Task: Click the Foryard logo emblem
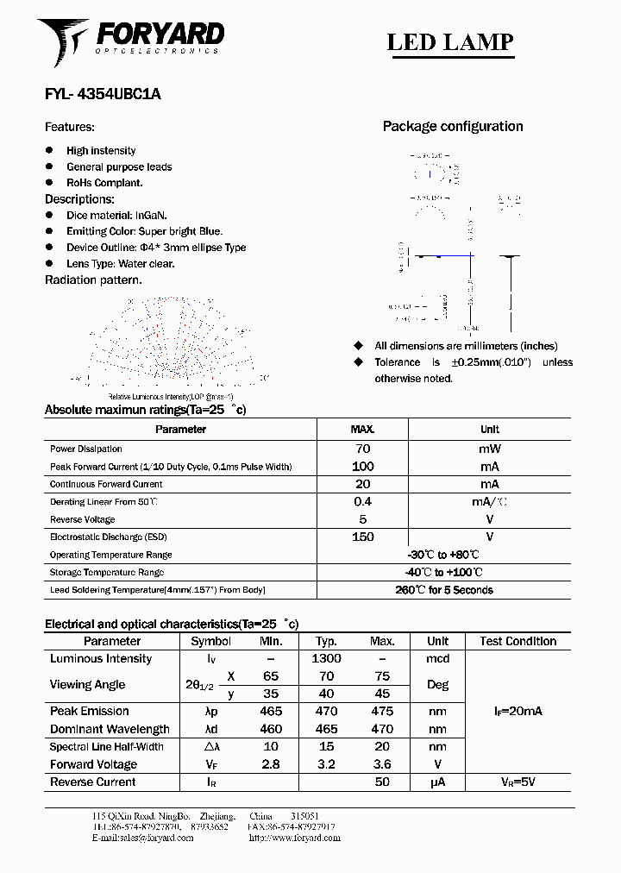[63, 41]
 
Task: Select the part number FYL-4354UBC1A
[103, 96]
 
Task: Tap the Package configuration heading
[452, 127]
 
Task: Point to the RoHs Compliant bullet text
[104, 183]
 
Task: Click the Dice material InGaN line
[116, 215]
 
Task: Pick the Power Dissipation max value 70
[362, 449]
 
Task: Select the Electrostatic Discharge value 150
[362, 537]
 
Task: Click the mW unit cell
[489, 449]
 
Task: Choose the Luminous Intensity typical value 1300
[326, 658]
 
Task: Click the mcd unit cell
[437, 658]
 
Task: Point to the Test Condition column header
[517, 641]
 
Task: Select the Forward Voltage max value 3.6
[382, 764]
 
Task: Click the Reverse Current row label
[92, 782]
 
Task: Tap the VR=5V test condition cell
[517, 782]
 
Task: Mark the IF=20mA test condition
[517, 711]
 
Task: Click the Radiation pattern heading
[93, 279]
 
